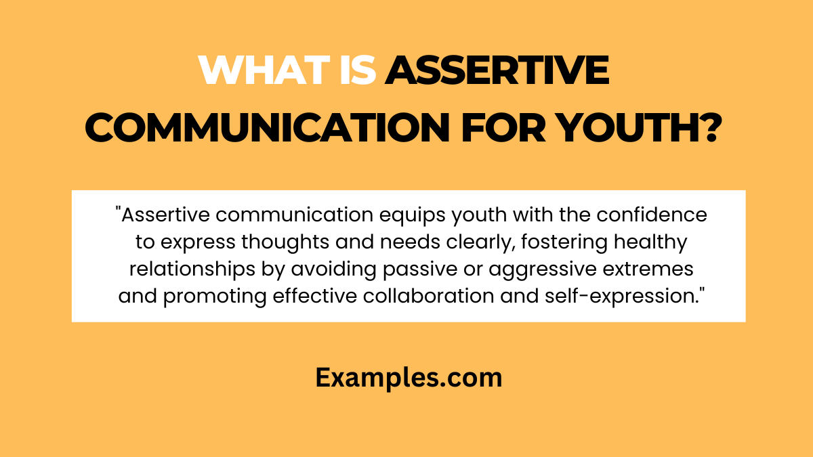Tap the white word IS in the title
coord(358,70)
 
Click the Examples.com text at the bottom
coord(409,378)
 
